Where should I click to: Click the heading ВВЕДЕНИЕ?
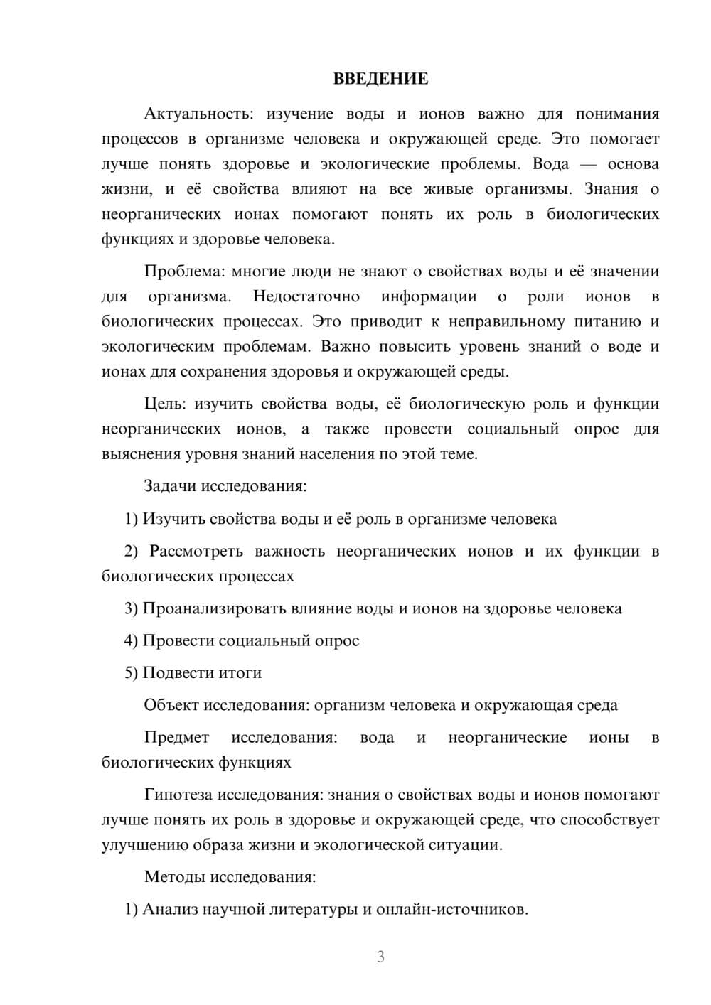click(x=380, y=79)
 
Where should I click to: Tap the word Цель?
click(x=164, y=404)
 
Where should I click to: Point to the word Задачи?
click(x=170, y=487)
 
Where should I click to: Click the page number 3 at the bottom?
click(x=380, y=957)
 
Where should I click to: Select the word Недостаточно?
click(x=306, y=296)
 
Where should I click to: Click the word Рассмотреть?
click(x=196, y=552)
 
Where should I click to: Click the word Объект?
click(x=171, y=706)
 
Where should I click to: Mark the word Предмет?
click(x=176, y=738)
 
